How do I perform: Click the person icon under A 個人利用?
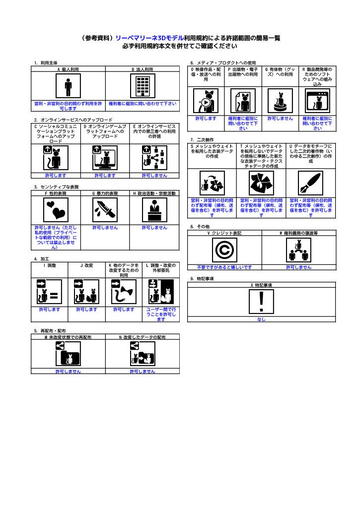[x=68, y=85]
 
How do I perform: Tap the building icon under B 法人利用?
[x=143, y=85]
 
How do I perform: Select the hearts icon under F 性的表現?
[x=56, y=210]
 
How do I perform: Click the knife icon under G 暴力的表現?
[x=105, y=210]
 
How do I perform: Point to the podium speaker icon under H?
[x=154, y=210]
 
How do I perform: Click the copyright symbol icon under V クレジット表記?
[x=224, y=250]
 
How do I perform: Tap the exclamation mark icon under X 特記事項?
[x=261, y=302]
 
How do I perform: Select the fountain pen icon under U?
[x=311, y=183]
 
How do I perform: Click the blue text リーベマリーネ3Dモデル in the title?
[x=149, y=38]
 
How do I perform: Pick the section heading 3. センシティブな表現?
[x=57, y=187]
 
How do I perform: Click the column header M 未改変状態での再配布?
[x=68, y=337]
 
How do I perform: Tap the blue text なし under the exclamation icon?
[x=261, y=319]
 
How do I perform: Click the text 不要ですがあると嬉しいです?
[x=224, y=267]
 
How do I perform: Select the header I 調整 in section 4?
[x=50, y=265]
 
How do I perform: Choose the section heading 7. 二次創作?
[x=202, y=140]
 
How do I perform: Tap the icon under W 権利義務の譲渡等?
[x=299, y=250]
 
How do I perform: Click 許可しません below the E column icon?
[x=154, y=176]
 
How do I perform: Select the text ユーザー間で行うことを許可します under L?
[x=161, y=314]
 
